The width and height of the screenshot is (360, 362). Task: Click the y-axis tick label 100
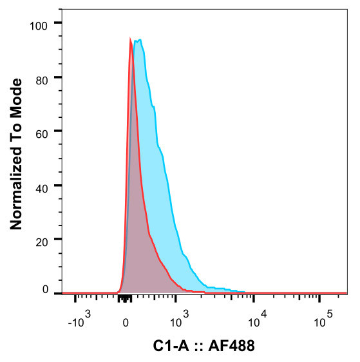pos(41,24)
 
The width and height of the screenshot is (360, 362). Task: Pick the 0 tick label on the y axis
pos(46,289)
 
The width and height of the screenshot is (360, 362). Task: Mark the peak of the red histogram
pos(131,39)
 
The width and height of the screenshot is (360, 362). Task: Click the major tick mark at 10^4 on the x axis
pos(254,298)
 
